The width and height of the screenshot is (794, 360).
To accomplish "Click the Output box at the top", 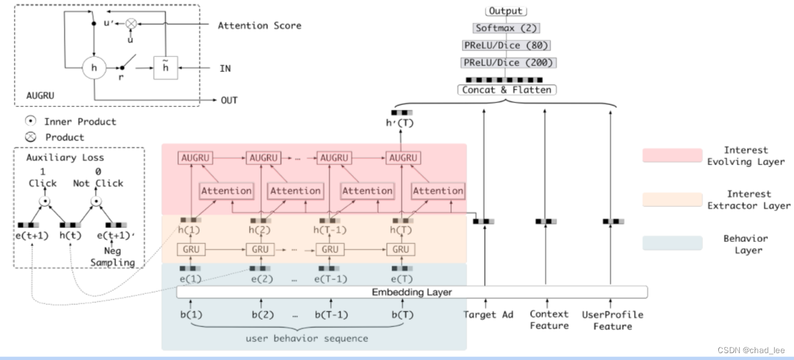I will pyautogui.click(x=506, y=11).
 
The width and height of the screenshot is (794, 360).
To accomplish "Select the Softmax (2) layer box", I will pyautogui.click(x=506, y=28).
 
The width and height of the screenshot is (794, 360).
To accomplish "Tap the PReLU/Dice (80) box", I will pyautogui.click(x=506, y=45).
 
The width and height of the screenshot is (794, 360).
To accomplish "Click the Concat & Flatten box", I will pyautogui.click(x=506, y=89).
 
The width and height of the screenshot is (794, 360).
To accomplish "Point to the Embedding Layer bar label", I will pyautogui.click(x=411, y=292).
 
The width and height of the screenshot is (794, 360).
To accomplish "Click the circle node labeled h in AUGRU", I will pyautogui.click(x=94, y=68).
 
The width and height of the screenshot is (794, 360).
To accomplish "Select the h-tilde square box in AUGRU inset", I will pyautogui.click(x=166, y=68).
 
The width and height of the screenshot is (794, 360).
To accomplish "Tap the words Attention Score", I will pyautogui.click(x=259, y=26).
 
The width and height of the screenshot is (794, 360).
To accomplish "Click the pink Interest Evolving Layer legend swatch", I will pyautogui.click(x=672, y=156).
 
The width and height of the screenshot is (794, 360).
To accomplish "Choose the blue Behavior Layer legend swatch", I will pyautogui.click(x=672, y=244).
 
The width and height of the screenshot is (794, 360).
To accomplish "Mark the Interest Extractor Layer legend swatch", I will pyautogui.click(x=672, y=199).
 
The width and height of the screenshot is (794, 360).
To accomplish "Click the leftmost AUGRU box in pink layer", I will pyautogui.click(x=195, y=158).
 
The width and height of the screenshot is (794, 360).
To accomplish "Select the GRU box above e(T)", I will pyautogui.click(x=401, y=249).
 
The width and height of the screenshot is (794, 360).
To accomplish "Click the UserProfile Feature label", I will pyautogui.click(x=612, y=320).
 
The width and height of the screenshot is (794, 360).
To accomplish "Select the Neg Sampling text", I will pyautogui.click(x=112, y=257).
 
